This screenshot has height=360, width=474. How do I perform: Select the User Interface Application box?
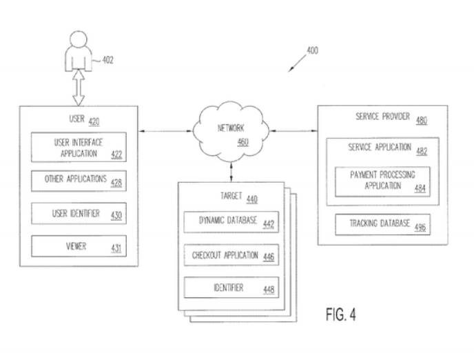[x=79, y=147]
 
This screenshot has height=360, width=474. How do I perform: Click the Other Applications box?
[x=79, y=181]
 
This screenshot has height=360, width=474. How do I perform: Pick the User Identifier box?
[x=79, y=214]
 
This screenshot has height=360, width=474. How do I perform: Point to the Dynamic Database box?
[x=231, y=223]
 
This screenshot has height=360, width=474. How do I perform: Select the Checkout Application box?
[x=231, y=256]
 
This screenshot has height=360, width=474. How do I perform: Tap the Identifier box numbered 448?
[x=231, y=288]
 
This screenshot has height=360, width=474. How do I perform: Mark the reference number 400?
[x=312, y=51]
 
